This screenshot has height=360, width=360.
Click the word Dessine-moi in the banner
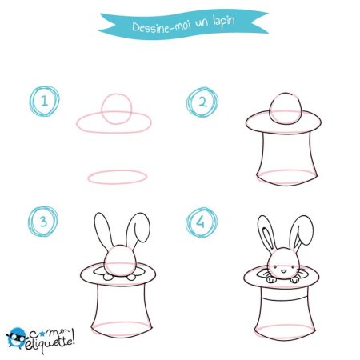[x=156, y=27]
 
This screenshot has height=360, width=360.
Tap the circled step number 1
[x=45, y=100]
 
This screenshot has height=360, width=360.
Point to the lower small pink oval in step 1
[x=114, y=177]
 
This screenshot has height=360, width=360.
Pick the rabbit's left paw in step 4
[x=270, y=279]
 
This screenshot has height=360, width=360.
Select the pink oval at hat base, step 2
[x=284, y=177]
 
